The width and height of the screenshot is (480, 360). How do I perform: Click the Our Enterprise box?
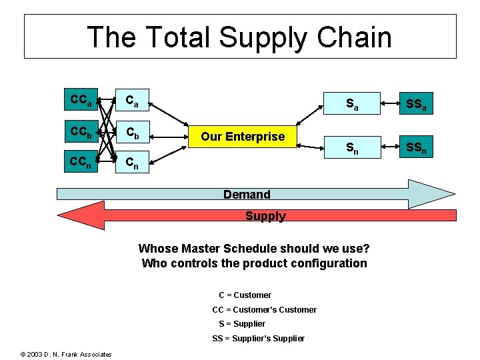tap(243, 137)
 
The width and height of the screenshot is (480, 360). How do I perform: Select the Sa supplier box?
tap(353, 103)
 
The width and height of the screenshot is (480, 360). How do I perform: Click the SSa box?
tap(417, 103)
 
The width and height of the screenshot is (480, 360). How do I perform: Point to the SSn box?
tap(417, 149)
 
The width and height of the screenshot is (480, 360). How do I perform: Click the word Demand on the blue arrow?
tap(247, 195)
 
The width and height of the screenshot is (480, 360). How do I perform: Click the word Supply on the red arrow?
tap(265, 216)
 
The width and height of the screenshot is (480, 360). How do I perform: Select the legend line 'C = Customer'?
tap(245, 295)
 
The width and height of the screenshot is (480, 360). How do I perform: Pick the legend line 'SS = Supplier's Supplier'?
tap(258, 339)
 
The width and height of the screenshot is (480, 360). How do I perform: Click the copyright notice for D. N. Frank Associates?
tap(66, 354)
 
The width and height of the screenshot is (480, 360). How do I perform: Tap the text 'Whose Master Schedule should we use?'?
tap(254, 249)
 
